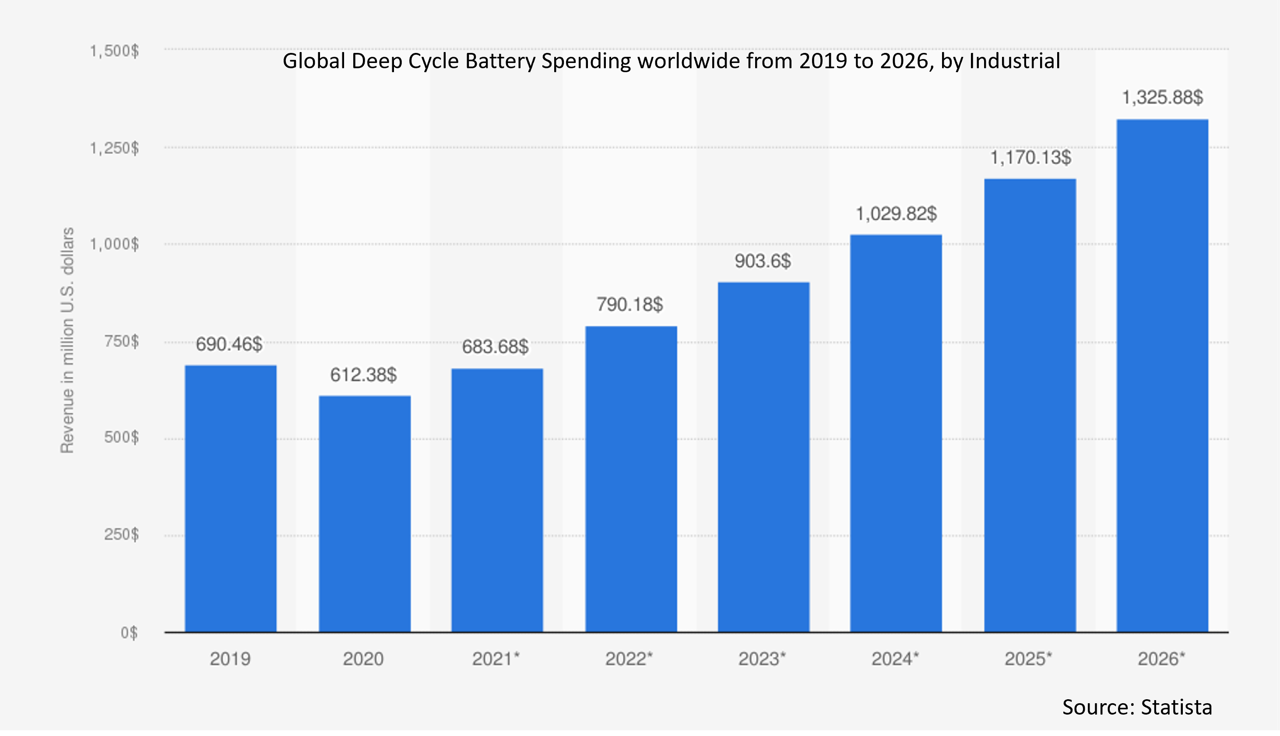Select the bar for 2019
coord(231,499)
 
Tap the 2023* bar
coord(763,457)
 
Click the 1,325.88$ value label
coord(1162,97)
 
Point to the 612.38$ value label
coord(363,375)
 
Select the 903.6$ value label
coord(763,261)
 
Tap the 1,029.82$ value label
coord(896,213)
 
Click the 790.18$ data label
coord(629,304)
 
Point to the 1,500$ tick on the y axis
coord(114,51)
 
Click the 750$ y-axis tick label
coord(121,341)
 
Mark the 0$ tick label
coord(129,632)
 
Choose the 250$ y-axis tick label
coord(121,534)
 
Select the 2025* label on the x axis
coord(1028,659)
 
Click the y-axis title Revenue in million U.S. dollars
coord(67,340)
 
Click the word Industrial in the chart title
coord(1014,61)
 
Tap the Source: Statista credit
coord(1137,707)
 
